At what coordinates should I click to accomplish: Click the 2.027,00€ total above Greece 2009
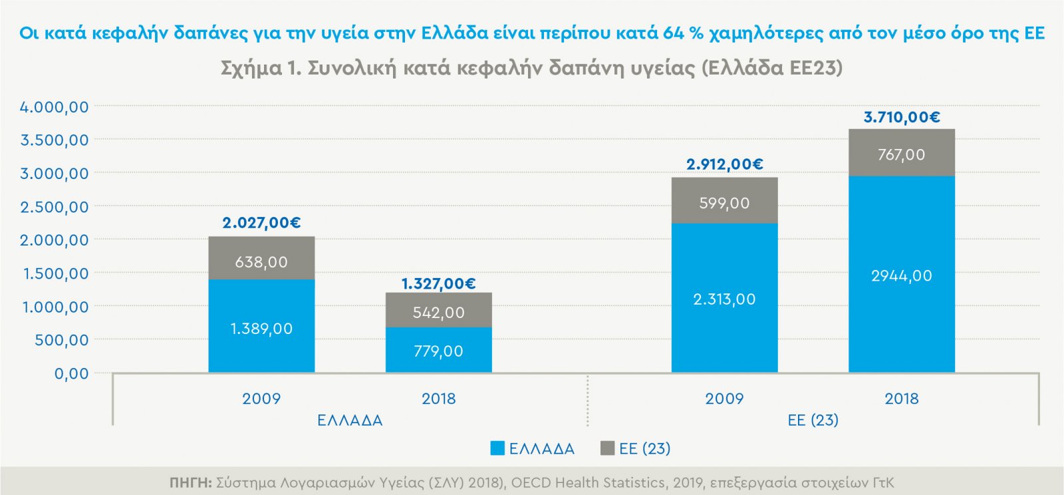(261, 223)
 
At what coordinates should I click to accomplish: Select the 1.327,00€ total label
(438, 284)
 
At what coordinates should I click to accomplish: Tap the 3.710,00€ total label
(902, 118)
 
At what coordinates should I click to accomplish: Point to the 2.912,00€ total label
(724, 164)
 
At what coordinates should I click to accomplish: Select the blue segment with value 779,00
(438, 350)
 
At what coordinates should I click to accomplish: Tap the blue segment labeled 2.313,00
(724, 298)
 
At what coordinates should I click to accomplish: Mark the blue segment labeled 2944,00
(902, 274)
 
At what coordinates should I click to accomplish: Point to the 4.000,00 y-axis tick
(55, 107)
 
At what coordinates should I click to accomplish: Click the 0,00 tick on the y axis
(72, 374)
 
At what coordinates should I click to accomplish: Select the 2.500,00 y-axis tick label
(55, 207)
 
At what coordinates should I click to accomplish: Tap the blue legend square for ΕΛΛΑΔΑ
(497, 448)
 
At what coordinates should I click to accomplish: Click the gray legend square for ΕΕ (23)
(607, 448)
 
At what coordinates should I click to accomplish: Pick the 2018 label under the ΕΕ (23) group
(902, 399)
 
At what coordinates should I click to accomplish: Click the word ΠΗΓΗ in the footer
(190, 483)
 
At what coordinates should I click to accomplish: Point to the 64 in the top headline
(674, 33)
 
